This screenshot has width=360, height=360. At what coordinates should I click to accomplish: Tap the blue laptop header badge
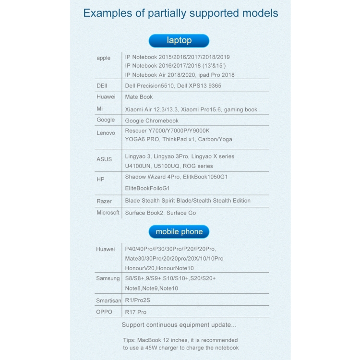(x=179, y=41)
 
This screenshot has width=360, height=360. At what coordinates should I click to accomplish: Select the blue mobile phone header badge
(x=179, y=232)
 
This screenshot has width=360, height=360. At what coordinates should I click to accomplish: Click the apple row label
(x=104, y=58)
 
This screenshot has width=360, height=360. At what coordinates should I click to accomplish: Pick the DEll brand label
(x=102, y=85)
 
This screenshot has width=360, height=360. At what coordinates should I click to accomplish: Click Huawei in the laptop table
(x=105, y=97)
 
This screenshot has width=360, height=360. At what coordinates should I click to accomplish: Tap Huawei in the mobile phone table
(x=106, y=249)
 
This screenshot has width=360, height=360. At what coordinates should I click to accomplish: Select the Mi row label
(x=99, y=109)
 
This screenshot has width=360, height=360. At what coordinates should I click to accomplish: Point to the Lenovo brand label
(x=106, y=133)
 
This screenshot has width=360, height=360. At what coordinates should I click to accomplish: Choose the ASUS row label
(x=104, y=159)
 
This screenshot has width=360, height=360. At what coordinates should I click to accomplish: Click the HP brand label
(x=100, y=179)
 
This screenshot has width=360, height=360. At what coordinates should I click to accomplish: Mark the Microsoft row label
(x=108, y=213)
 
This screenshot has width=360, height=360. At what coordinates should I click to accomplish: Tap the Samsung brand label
(x=108, y=278)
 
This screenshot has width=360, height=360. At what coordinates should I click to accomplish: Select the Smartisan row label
(x=108, y=300)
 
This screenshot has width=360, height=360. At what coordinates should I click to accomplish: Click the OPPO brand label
(x=104, y=312)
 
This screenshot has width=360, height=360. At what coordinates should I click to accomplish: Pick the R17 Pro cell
(x=136, y=312)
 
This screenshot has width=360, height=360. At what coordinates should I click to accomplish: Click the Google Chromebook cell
(x=152, y=121)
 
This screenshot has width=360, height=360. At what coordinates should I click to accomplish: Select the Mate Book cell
(x=139, y=97)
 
